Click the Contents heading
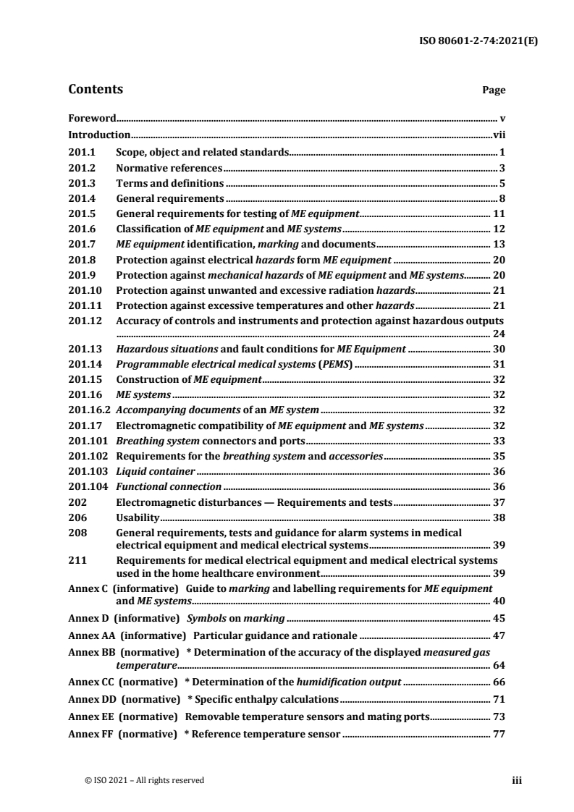tap(95, 90)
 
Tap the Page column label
tap(494, 90)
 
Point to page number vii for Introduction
tap(499, 135)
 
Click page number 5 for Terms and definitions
tap(502, 183)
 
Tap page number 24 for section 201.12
tap(499, 334)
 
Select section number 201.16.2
tap(89, 410)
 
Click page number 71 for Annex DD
tap(499, 700)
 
